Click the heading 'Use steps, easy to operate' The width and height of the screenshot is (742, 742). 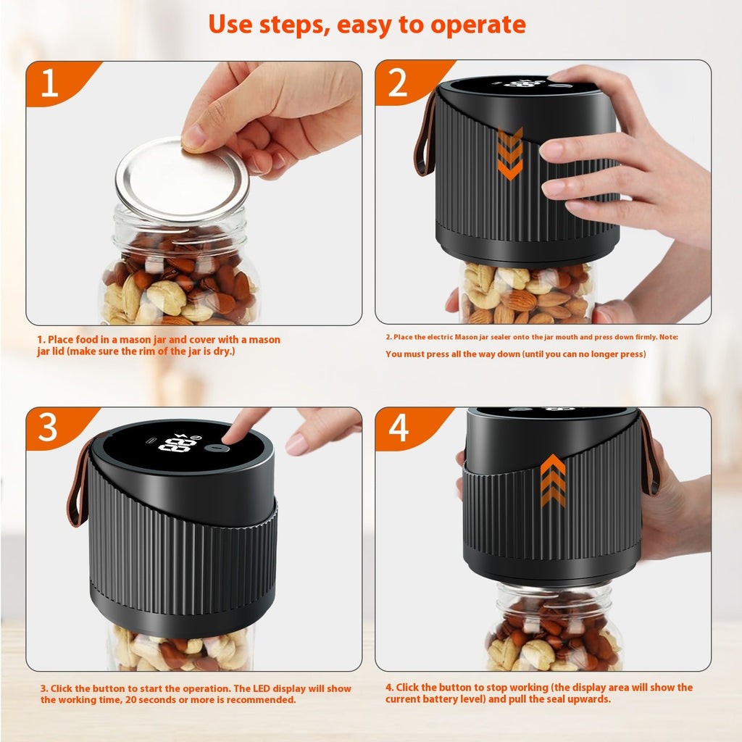pos(367,25)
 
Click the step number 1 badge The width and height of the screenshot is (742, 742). pos(49,83)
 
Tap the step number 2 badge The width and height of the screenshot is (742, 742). pos(398,83)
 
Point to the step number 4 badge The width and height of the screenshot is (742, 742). pos(399,428)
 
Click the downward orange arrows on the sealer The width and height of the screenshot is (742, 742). pos(510,154)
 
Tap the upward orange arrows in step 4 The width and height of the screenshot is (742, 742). pos(553,480)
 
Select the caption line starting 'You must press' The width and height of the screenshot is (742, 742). pos(515,354)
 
